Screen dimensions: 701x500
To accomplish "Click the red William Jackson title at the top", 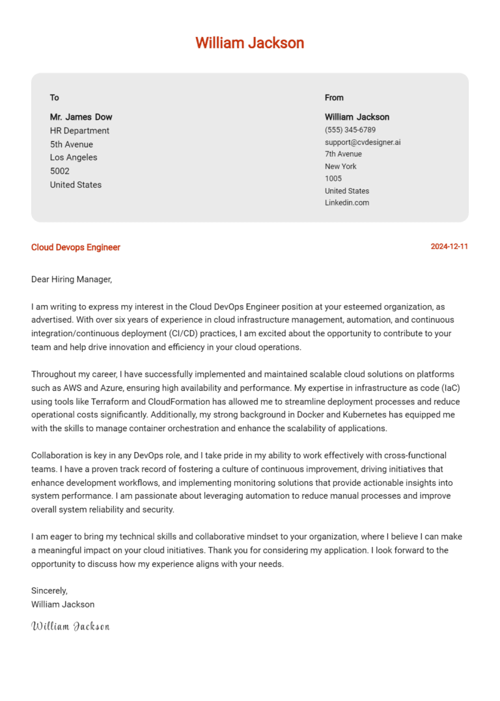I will click(249, 43).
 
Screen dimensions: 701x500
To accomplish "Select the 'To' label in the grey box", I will click(55, 98).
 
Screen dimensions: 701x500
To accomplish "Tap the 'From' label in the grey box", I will click(334, 98).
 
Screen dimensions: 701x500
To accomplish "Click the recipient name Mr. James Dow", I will click(81, 117).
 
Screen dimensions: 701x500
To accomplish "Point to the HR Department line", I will click(79, 131).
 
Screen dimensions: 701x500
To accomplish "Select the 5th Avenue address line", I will click(72, 144).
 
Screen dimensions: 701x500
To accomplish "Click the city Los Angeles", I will click(74, 157).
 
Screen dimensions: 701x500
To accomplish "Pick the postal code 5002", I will click(60, 171).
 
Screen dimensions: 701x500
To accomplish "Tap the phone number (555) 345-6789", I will click(350, 130).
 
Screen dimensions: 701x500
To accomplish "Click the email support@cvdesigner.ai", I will click(363, 142).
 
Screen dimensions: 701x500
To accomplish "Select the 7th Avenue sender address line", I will click(343, 154).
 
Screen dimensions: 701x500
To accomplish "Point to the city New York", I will click(340, 166).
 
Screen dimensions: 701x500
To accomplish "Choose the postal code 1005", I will click(333, 178).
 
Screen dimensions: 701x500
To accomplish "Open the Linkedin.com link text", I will click(347, 202).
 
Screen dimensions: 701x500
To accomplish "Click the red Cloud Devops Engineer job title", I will click(76, 247).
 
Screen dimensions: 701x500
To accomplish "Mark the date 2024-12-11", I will click(449, 247).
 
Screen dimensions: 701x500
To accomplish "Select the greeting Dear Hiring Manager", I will click(72, 280).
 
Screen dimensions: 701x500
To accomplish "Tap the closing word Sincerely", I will click(49, 590).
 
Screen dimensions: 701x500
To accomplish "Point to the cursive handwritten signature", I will click(70, 626).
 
